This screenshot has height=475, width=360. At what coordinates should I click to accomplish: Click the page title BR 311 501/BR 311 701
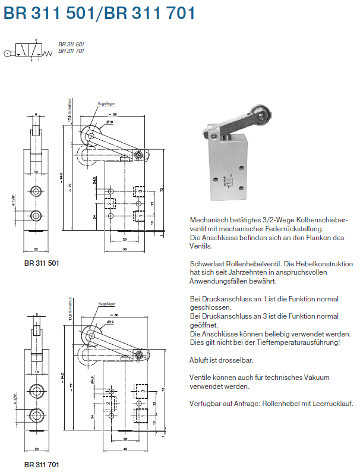[x=99, y=13]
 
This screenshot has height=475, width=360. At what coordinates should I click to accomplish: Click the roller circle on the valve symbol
[x=7, y=53]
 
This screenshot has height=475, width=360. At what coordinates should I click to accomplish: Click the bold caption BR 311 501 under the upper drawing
[x=42, y=262]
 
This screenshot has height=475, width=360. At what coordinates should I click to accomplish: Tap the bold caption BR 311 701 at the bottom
[x=42, y=462]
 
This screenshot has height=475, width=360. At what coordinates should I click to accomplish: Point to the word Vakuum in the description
[x=315, y=377]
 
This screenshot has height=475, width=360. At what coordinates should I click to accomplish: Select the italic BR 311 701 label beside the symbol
[x=71, y=51]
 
